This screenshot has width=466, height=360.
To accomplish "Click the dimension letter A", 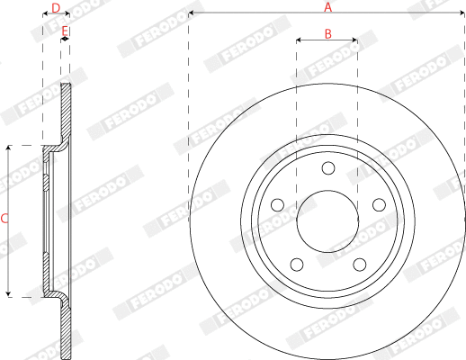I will click(328, 7).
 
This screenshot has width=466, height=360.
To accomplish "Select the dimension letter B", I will click(327, 33).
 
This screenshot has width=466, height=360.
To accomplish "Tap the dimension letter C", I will click(4, 219).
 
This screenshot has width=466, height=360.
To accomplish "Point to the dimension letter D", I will click(56, 8).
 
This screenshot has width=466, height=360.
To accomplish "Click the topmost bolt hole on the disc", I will click(327, 167).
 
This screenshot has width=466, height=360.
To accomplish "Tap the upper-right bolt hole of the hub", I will click(379, 204).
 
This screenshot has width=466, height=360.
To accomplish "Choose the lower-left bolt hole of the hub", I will click(296, 265).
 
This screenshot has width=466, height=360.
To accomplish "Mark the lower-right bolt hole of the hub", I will click(360, 265).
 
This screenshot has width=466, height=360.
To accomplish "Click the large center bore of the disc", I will click(327, 221).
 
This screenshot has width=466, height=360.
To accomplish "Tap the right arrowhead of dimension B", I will click(355, 40).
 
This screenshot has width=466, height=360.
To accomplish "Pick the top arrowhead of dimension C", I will click(9, 147).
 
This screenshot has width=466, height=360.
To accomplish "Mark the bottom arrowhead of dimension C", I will click(9, 294).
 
